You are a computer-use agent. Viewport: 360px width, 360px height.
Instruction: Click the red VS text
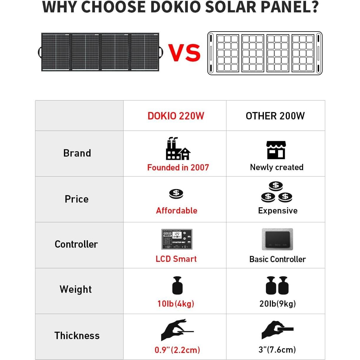pos(185,53)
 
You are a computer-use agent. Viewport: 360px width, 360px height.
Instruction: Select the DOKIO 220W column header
pos(176,116)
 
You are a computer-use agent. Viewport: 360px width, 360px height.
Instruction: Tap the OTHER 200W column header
pos(275,116)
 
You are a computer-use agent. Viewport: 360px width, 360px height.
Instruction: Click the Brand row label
pos(77,153)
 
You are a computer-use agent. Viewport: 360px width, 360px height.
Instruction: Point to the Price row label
pos(77,199)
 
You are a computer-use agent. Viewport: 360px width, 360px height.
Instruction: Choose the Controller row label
pos(76,244)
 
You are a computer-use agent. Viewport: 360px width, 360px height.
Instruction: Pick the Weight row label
pos(76,289)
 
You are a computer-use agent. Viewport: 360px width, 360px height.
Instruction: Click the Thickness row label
pos(77,336)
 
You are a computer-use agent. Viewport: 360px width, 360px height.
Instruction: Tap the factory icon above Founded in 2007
pos(177,149)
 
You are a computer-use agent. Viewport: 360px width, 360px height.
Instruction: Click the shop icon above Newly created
pos(276,150)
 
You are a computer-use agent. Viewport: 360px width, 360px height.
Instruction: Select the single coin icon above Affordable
pos(176,194)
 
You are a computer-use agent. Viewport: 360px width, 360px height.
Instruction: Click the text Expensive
pos(278,211)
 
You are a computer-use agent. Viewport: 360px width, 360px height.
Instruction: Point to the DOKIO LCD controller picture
pos(177,239)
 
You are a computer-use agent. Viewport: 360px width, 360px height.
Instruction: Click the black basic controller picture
pos(277,239)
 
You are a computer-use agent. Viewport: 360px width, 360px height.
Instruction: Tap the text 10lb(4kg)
pos(176,304)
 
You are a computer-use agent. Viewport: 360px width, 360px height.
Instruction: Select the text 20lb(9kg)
pos(277,304)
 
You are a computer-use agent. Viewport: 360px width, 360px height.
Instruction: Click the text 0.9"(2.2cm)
pos(177,350)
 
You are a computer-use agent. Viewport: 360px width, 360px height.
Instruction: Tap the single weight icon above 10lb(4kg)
pos(177,285)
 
